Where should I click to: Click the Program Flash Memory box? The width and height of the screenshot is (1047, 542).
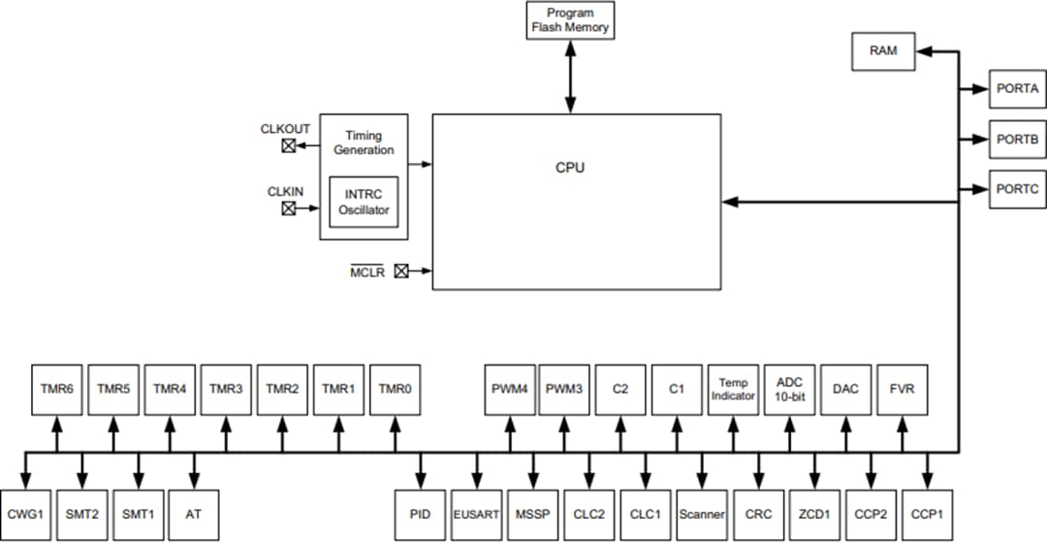pos(570,20)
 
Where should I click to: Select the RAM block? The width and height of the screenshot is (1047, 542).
pos(883,51)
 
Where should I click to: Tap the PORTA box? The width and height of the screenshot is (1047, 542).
pos(1017,88)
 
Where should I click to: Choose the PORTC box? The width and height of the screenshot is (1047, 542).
pos(1017,189)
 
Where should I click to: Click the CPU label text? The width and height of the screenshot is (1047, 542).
pos(570,168)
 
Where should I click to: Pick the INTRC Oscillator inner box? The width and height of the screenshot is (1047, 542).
pos(364,202)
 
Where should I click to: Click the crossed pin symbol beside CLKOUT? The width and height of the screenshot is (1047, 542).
pos(288,146)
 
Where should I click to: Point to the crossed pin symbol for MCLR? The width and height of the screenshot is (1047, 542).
pos(400,271)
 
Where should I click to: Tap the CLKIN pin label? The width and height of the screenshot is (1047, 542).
pos(286,192)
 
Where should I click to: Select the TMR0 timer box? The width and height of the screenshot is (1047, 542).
pos(395,389)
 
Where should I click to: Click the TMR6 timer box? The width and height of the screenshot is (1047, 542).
pos(56,389)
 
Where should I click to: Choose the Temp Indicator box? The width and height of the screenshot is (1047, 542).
pos(733,389)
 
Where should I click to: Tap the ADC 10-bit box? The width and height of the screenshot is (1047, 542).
pos(789,389)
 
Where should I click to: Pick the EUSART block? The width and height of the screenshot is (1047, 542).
pos(476,514)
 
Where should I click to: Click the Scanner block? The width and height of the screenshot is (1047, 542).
pos(701,514)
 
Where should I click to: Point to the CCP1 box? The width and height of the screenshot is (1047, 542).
pos(927,514)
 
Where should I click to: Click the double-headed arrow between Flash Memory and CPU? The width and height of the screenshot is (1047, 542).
pos(570,77)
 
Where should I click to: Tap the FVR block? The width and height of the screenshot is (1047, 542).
pos(902,389)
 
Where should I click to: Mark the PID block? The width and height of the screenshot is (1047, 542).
pos(420,514)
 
